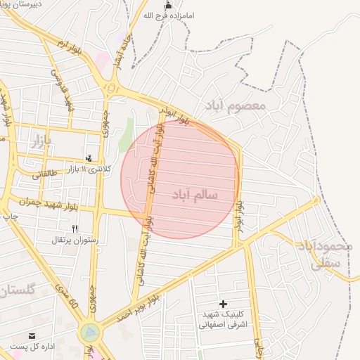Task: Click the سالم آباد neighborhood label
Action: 195,193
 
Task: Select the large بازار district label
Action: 41,143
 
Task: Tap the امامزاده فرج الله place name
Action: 167,15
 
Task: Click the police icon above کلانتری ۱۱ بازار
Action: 88,159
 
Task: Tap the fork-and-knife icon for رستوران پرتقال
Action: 75,229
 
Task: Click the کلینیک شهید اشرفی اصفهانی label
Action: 223,320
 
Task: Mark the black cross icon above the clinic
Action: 224,304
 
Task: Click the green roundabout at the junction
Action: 89,332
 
